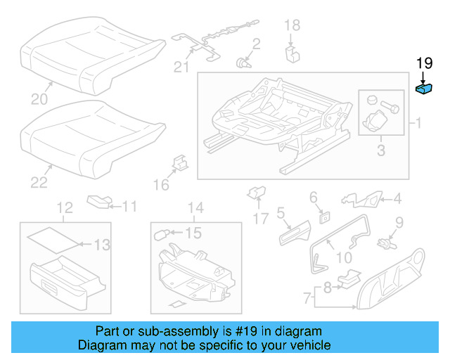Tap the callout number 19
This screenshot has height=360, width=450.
pos(424,63)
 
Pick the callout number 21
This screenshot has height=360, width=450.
pos(183,67)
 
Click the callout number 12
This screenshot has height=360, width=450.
pos(65,207)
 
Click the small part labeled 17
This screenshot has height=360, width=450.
pos(255,192)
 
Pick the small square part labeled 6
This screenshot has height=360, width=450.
pos(325,217)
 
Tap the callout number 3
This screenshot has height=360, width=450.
pos(380,150)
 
